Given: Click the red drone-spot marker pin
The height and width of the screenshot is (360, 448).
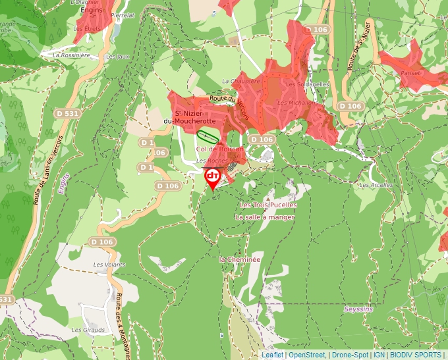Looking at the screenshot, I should (x=213, y=177).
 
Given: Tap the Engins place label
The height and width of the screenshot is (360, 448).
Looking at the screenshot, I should (x=90, y=11).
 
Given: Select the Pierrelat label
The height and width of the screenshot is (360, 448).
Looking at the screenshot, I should (x=123, y=14).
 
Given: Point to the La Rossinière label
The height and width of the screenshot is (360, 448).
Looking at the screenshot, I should (x=71, y=55).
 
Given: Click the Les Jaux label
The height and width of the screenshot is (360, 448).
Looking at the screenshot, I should (x=118, y=57).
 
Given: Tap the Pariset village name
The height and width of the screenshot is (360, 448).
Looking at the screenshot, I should (x=409, y=73).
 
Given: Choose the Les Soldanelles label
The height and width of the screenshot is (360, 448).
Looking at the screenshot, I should (x=308, y=85).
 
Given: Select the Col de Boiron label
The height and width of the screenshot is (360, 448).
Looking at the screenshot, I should (x=220, y=149).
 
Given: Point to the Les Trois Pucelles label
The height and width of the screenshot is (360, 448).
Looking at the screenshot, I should (x=268, y=205).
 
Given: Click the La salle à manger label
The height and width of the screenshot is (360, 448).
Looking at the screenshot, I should (x=265, y=217).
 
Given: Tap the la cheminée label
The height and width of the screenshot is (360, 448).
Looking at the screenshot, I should (x=240, y=259).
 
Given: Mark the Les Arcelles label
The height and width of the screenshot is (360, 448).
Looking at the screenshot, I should (x=376, y=185).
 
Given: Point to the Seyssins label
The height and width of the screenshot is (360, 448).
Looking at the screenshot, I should (x=358, y=309).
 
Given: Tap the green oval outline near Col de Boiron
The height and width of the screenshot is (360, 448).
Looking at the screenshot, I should (x=208, y=137).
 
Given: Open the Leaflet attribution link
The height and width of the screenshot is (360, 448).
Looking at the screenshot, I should (x=272, y=355).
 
